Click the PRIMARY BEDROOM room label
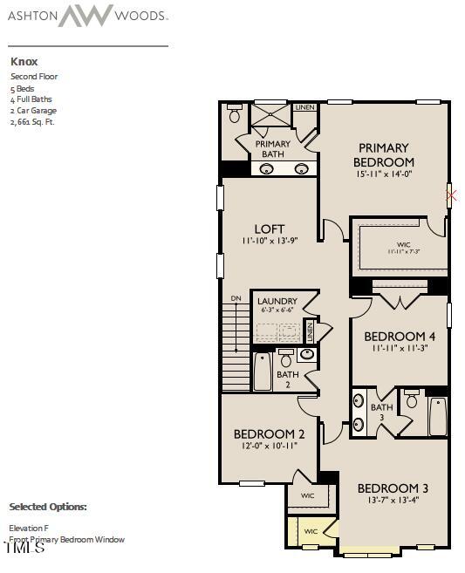[x=384, y=155]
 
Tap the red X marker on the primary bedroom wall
[x=451, y=195]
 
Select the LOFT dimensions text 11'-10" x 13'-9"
[x=270, y=241]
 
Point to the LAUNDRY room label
[x=277, y=302]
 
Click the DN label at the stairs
[x=236, y=299]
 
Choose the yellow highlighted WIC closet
[x=311, y=530]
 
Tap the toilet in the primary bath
[x=234, y=115]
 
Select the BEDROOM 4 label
[x=399, y=337]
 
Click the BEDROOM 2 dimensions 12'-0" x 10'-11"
[x=269, y=446]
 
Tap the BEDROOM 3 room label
[x=392, y=488]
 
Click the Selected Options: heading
[x=48, y=507]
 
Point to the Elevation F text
[x=30, y=528]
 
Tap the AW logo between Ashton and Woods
[x=85, y=15]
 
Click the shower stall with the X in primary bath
[x=270, y=115]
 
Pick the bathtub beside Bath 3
[x=437, y=416]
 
